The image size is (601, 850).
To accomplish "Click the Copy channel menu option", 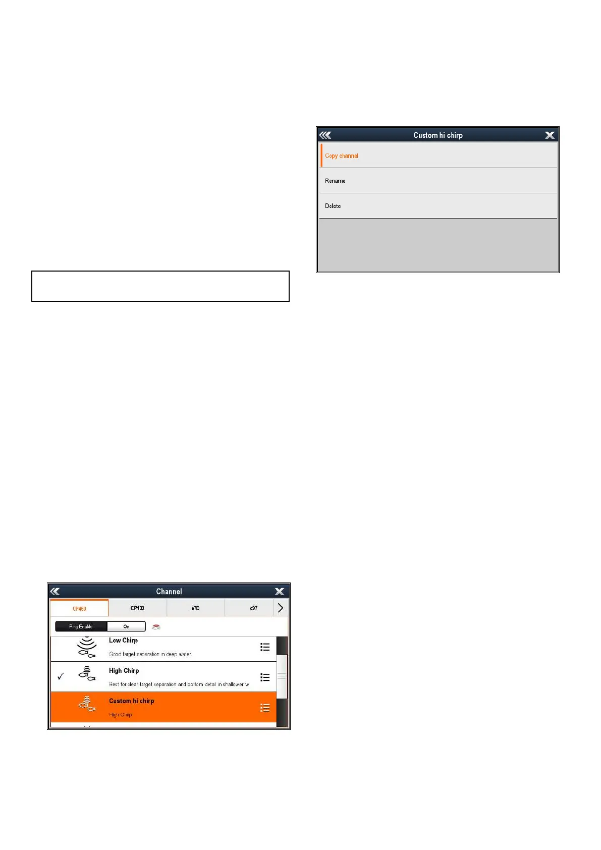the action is point(342,156).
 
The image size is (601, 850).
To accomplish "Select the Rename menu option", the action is point(335,181).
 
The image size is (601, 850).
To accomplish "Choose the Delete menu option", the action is point(333,206).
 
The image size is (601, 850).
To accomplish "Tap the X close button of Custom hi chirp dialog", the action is point(550,135).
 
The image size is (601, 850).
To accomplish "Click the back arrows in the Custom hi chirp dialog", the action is point(325,135).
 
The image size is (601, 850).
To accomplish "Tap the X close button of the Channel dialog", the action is point(280,592).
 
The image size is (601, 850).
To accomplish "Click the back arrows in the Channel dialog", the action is point(56,592).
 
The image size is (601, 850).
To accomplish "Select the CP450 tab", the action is point(79,609).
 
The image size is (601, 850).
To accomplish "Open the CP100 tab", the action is point(137,608).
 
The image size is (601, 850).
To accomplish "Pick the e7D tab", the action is point(195,608).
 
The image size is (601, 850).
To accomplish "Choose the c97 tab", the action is point(253,608).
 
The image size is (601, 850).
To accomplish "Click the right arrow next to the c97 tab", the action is point(281,608).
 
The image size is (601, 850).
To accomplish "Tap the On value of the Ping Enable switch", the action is point(126,626).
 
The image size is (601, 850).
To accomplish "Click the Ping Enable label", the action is point(81,626).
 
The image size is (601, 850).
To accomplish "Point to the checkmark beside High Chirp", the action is point(61,676).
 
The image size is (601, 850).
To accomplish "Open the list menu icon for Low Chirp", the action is point(265,647).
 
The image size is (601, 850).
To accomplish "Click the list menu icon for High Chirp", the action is point(265,677).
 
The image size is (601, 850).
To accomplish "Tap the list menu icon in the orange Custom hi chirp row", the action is point(265,708).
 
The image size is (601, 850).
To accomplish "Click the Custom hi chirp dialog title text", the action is point(438,135).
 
